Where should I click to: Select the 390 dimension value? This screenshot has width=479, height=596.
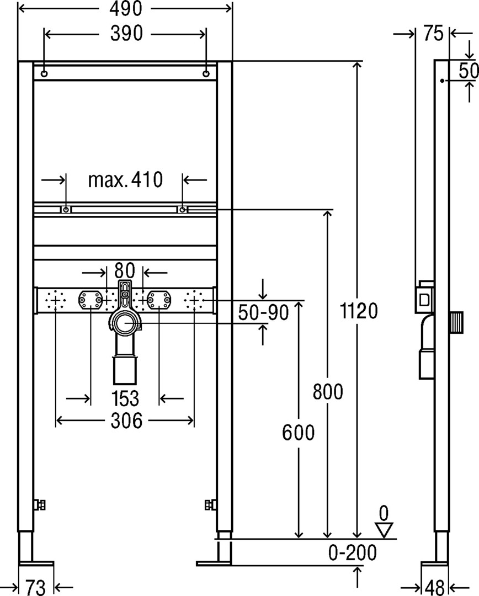pyautogui.click(x=126, y=34)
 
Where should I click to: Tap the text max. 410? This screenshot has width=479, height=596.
pyautogui.click(x=125, y=179)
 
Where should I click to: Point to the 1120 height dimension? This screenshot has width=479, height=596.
pyautogui.click(x=359, y=311)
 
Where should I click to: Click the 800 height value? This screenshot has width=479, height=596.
pyautogui.click(x=328, y=391)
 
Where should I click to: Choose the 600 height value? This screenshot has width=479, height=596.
pyautogui.click(x=299, y=433)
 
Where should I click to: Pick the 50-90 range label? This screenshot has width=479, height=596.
pyautogui.click(x=263, y=312)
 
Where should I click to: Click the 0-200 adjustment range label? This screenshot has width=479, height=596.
pyautogui.click(x=353, y=552)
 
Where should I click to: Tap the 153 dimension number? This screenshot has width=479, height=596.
pyautogui.click(x=125, y=398)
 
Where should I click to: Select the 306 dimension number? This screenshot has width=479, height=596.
pyautogui.click(x=126, y=421)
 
